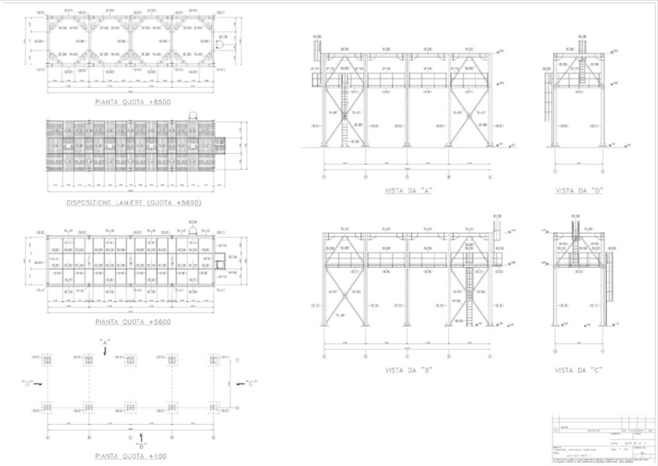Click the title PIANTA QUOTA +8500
pos(133,102)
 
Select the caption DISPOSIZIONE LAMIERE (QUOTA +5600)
pos(133,203)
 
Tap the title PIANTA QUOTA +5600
pos(133,321)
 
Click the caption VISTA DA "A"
pos(407,190)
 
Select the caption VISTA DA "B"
pos(407,371)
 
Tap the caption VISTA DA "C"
pos(579,371)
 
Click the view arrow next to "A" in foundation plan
pos(105,351)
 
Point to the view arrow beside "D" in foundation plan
pos(39,383)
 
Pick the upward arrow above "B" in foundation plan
pos(142,436)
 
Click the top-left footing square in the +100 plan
pos(47,360)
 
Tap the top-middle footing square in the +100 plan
pos(130,360)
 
